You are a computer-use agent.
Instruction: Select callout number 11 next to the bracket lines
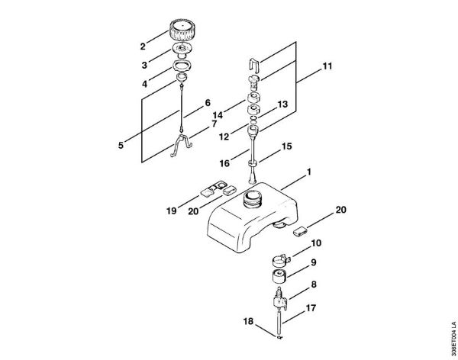(327, 67)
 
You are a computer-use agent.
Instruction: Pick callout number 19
(172, 210)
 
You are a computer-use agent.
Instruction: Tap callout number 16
(224, 163)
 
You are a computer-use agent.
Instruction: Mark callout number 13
(282, 104)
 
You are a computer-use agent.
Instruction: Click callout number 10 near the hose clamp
(316, 243)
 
